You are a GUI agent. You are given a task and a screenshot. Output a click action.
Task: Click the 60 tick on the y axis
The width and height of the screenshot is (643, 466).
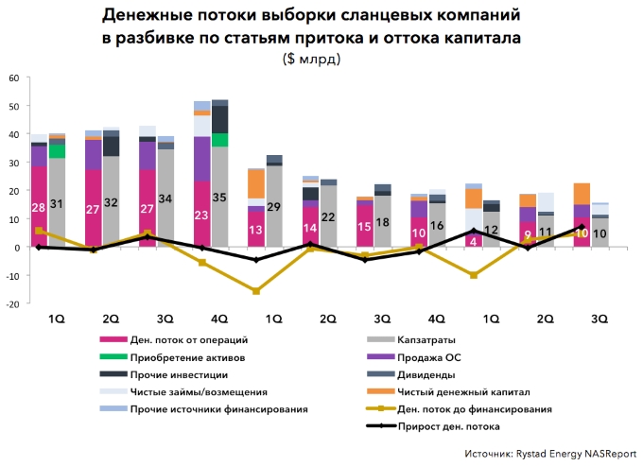click(14, 78)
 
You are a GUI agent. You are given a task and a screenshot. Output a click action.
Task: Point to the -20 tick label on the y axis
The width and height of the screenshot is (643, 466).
click(12, 304)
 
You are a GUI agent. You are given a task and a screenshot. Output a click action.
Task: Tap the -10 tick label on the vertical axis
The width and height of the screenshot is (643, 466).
click(12, 276)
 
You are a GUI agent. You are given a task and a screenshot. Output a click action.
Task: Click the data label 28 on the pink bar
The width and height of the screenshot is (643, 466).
click(39, 207)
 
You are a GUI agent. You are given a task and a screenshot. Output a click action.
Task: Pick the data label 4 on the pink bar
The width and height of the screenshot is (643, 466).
click(473, 239)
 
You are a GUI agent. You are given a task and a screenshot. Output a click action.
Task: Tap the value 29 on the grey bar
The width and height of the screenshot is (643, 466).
click(274, 207)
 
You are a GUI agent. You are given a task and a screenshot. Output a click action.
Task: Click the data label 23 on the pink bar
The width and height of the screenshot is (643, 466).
click(201, 215)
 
